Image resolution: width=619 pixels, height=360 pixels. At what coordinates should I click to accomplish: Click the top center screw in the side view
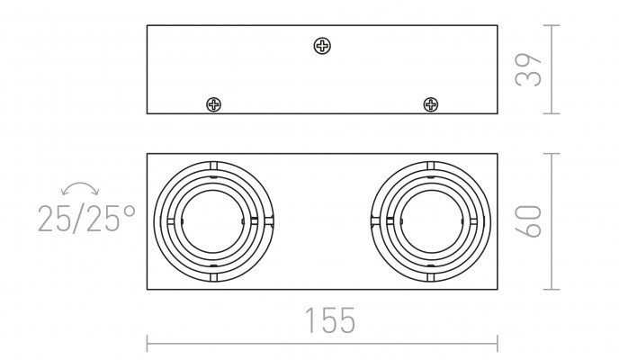[322, 46]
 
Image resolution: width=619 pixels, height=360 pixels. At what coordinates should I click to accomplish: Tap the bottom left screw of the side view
[213, 105]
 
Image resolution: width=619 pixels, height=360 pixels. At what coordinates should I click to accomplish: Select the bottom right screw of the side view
[430, 105]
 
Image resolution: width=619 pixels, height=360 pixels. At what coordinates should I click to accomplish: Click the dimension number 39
[528, 70]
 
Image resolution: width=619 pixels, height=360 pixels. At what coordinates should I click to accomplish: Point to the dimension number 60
[528, 221]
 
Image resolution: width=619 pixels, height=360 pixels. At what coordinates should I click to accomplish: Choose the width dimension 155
[330, 320]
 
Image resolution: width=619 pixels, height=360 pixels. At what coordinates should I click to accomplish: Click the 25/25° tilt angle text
[86, 219]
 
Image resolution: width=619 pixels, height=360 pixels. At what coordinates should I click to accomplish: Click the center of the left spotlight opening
[212, 221]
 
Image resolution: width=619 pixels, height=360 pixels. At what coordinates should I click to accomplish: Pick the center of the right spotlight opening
[431, 221]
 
